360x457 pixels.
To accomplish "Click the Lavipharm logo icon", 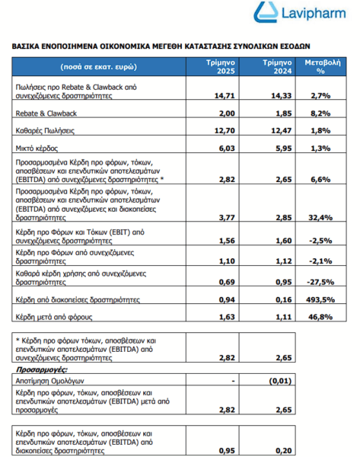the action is pyautogui.click(x=266, y=12).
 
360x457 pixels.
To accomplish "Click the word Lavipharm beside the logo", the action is pyautogui.click(x=314, y=14).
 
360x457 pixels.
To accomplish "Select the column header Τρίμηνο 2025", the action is pyautogui.click(x=221, y=67).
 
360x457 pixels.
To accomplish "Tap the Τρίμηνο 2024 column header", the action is pyautogui.click(x=277, y=67).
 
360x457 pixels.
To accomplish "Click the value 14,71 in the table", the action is pyautogui.click(x=225, y=96).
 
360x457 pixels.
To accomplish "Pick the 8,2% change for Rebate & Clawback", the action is pyautogui.click(x=320, y=113).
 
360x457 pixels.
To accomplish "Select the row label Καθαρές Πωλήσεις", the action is pyautogui.click(x=45, y=131).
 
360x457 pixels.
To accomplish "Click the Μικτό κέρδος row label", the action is pyautogui.click(x=37, y=149).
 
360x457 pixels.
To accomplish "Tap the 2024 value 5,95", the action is pyautogui.click(x=284, y=149).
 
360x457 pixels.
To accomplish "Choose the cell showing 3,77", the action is pyautogui.click(x=227, y=218).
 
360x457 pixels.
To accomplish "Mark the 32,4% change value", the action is pyautogui.click(x=320, y=218).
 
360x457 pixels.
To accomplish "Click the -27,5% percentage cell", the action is pyautogui.click(x=320, y=282).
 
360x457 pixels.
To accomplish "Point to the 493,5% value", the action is pyautogui.click(x=320, y=299).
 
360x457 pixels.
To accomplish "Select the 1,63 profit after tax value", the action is pyautogui.click(x=227, y=317).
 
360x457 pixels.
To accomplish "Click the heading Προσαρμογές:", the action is pyautogui.click(x=41, y=370).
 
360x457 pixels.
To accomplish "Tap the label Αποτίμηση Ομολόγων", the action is pyautogui.click(x=49, y=381).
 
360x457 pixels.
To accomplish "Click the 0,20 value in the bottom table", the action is pyautogui.click(x=284, y=451).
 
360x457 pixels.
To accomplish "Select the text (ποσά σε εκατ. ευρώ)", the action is pyautogui.click(x=98, y=67).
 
